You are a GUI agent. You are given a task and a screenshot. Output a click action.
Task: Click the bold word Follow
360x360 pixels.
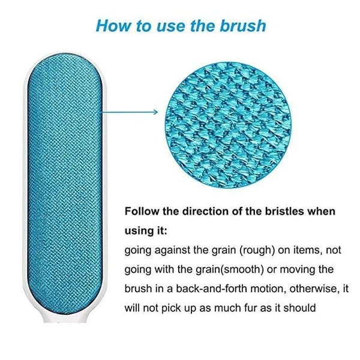pyautogui.click(x=141, y=212)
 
